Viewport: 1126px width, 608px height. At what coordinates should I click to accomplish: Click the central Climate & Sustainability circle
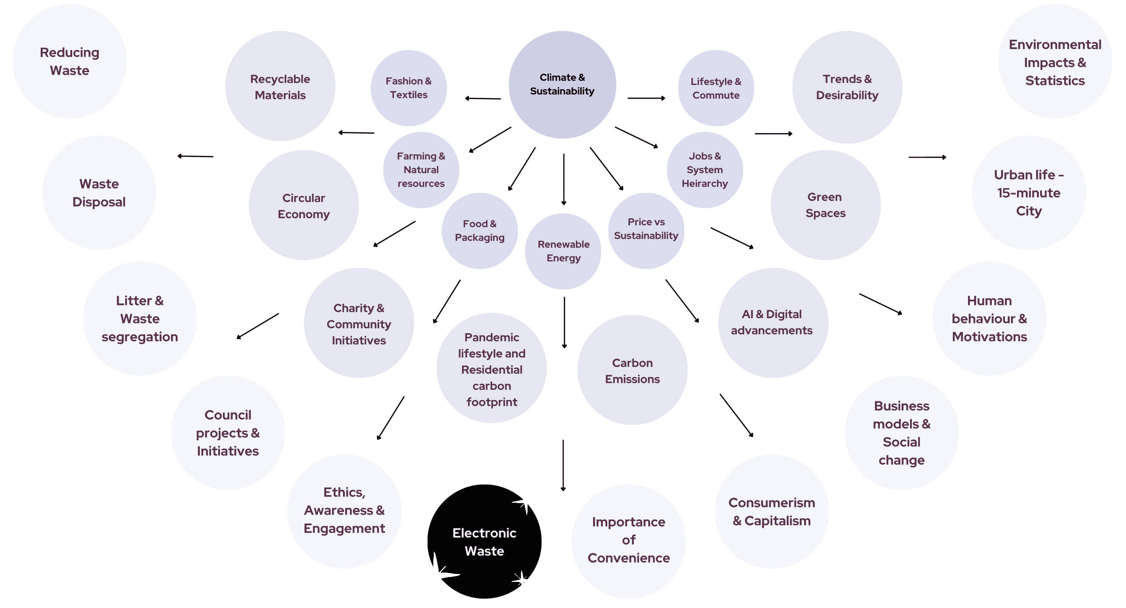click(562, 85)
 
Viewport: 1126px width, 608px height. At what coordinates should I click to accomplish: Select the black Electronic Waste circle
click(484, 542)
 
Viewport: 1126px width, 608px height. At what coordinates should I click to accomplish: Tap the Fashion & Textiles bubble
click(409, 88)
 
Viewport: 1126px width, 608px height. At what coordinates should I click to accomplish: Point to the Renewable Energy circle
click(563, 251)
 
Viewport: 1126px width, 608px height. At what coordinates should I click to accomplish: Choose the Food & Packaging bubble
click(480, 231)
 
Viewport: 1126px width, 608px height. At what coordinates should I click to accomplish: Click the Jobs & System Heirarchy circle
click(705, 170)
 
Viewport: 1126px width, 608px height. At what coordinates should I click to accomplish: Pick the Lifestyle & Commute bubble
click(716, 88)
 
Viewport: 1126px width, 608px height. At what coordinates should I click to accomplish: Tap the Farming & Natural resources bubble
click(421, 170)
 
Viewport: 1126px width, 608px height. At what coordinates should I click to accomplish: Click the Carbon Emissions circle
click(632, 370)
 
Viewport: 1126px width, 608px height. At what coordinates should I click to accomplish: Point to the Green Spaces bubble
click(825, 205)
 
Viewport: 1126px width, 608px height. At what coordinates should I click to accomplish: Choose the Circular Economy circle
click(304, 206)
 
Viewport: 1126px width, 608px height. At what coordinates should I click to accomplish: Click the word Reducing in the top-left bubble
click(69, 53)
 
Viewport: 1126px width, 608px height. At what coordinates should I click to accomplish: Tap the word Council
click(228, 415)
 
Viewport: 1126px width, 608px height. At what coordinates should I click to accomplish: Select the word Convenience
click(629, 558)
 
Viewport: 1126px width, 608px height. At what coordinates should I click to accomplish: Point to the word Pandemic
click(491, 338)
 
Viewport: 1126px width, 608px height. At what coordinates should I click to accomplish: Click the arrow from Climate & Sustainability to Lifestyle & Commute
click(646, 98)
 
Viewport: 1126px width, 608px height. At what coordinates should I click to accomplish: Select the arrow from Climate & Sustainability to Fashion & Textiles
click(483, 99)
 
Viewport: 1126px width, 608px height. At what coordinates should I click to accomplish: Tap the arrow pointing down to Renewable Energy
click(563, 179)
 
